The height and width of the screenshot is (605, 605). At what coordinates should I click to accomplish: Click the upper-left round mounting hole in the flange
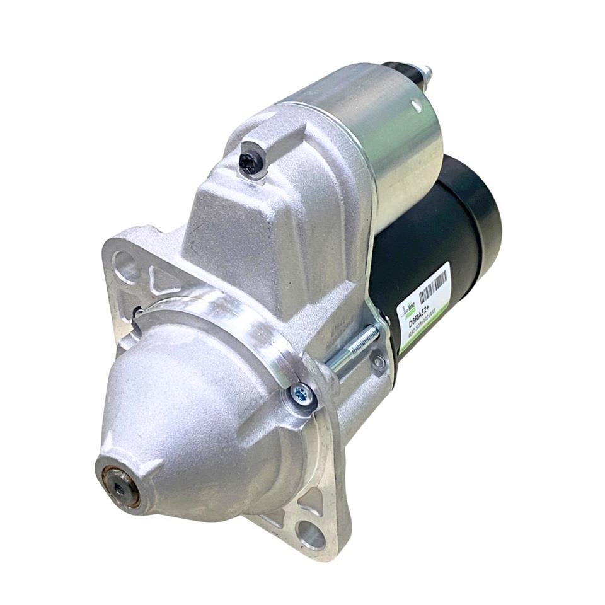[x=124, y=265]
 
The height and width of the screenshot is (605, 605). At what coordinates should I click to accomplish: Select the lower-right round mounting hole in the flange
[x=310, y=534]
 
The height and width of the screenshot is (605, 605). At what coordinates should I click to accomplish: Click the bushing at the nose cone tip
[x=120, y=485]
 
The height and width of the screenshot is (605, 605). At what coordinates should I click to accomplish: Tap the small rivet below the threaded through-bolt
[x=378, y=362]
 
